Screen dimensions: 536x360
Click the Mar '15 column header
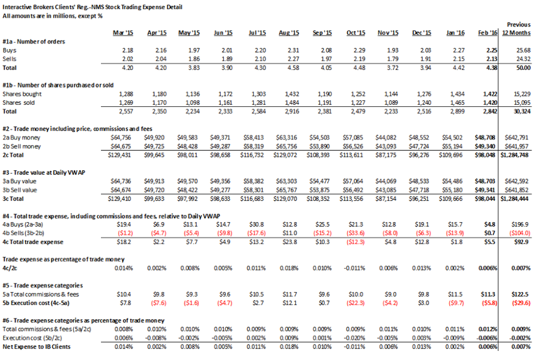point(123,33)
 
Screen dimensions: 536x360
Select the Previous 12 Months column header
point(517,28)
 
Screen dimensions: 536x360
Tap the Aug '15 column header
point(289,33)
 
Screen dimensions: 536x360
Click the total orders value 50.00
point(523,68)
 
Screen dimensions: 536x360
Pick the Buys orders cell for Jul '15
point(260,51)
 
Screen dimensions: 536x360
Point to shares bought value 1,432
point(291,94)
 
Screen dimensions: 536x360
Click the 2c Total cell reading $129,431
point(120,155)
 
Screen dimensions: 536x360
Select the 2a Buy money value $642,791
point(517,137)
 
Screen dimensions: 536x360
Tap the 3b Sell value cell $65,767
point(287,190)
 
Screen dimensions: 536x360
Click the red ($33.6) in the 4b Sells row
point(355,233)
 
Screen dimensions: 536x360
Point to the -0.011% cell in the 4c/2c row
point(355,268)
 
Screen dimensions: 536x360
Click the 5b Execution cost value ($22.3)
point(355,303)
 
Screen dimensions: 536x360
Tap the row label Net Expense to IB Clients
point(37,346)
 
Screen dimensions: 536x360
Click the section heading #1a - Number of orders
point(34,41)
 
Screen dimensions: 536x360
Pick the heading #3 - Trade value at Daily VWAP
point(44,172)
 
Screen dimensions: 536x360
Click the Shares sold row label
point(19,102)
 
